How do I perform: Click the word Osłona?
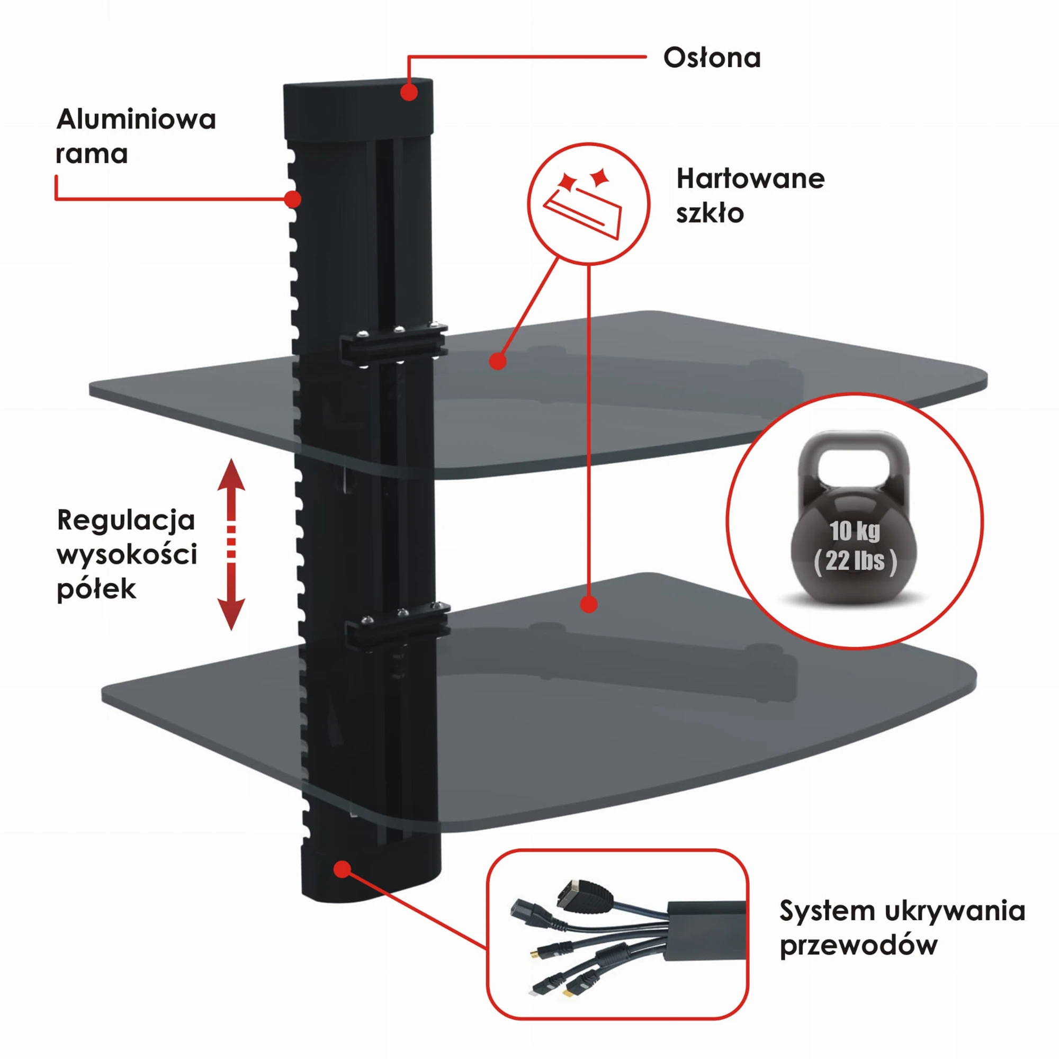click(712, 58)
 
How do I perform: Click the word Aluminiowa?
click(136, 119)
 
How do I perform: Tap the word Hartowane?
click(750, 178)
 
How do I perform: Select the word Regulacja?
click(126, 520)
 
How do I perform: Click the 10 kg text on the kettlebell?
click(855, 531)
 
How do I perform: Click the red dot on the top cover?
click(409, 92)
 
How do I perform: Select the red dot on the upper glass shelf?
click(498, 361)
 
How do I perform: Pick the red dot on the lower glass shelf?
click(589, 604)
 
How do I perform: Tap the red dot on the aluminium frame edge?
click(293, 199)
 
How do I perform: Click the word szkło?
click(710, 213)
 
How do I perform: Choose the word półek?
click(96, 590)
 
